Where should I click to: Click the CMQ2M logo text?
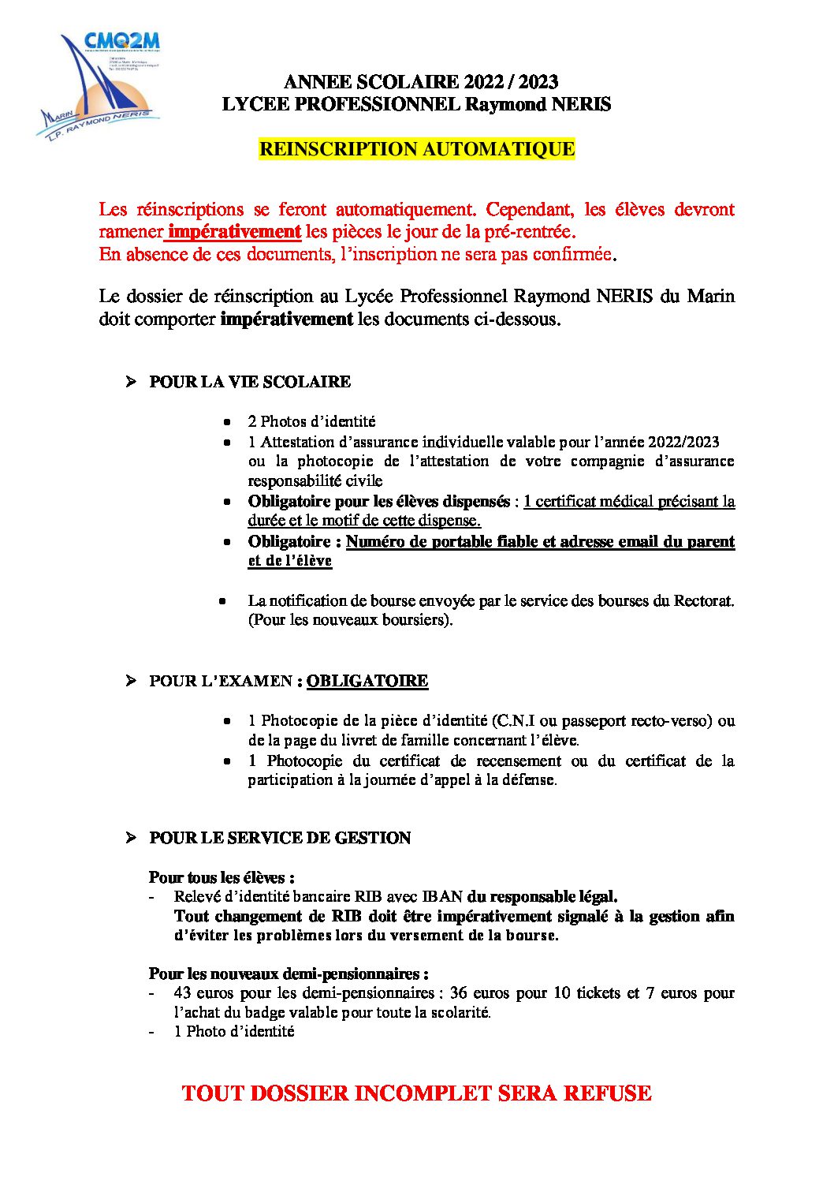(121, 40)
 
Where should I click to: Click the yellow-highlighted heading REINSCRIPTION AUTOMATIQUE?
(416, 149)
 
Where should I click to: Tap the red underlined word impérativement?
(234, 232)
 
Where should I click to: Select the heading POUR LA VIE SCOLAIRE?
(250, 382)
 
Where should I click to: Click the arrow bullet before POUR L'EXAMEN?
(131, 681)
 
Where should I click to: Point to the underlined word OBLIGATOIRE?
(367, 681)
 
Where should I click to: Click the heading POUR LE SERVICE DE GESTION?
(280, 838)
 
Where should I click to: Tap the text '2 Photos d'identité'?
(311, 421)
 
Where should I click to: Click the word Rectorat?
(703, 600)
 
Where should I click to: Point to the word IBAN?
(442, 897)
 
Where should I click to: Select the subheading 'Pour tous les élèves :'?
(222, 877)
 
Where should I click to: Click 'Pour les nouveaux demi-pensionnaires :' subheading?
(289, 974)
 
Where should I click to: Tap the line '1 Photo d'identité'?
(234, 1031)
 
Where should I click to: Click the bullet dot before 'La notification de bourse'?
(223, 601)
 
